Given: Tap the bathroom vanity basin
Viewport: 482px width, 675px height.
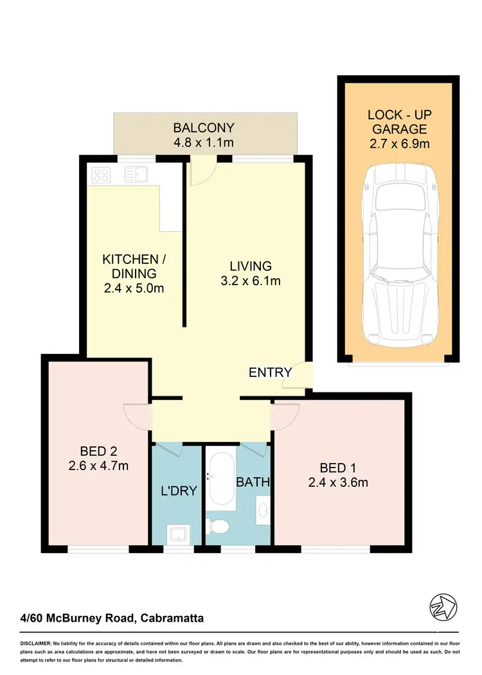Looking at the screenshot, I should [x=263, y=507].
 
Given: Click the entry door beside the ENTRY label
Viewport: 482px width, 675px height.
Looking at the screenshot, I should [x=299, y=375].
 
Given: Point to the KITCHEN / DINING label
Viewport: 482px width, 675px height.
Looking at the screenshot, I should [x=134, y=267].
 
